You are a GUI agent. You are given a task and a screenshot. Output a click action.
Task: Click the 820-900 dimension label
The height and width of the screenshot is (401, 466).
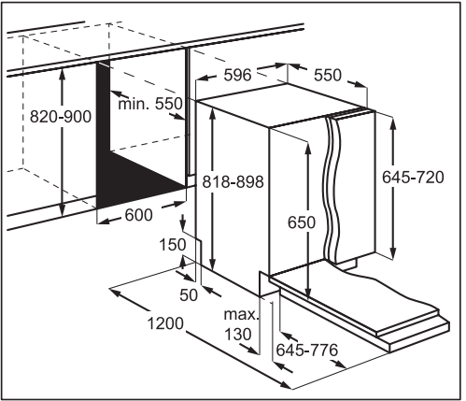click(x=61, y=117)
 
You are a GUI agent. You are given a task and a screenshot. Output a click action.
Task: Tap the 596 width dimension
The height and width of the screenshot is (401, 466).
click(x=237, y=75)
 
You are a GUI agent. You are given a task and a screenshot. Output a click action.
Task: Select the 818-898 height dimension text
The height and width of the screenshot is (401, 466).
click(x=233, y=181)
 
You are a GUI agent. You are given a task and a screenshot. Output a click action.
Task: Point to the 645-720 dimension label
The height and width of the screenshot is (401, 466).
click(x=413, y=178)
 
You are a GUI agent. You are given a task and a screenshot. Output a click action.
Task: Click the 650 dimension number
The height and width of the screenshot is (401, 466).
click(x=302, y=222)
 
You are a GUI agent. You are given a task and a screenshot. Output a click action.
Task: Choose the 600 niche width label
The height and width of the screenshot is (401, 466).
click(x=139, y=215)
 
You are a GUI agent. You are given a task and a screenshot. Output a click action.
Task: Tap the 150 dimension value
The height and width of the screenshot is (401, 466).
click(x=173, y=245)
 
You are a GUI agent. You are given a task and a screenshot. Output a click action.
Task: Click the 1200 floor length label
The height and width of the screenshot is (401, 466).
click(x=165, y=323)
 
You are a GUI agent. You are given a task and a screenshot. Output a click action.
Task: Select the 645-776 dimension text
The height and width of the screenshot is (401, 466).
click(x=307, y=351)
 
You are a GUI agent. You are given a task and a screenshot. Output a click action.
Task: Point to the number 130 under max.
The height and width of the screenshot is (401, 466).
click(x=237, y=335)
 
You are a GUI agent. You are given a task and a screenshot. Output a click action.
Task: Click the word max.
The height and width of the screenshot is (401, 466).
click(x=242, y=315)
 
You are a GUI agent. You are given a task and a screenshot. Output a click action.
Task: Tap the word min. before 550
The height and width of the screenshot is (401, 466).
click(x=134, y=104)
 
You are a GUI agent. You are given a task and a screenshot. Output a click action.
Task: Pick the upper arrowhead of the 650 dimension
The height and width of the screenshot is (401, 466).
click(x=308, y=149)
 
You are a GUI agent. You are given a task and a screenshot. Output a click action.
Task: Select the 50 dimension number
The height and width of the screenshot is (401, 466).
click(x=189, y=295)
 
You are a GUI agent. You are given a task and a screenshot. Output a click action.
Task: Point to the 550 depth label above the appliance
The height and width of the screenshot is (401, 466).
click(x=328, y=76)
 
